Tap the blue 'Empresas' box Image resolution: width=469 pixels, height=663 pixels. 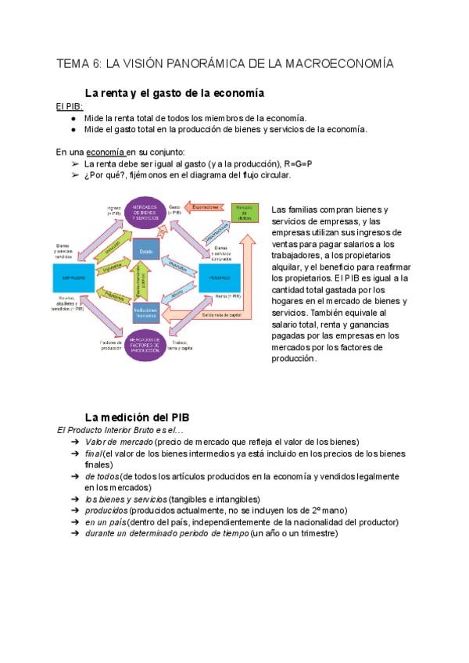(74, 278)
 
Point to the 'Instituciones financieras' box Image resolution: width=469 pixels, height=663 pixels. (147, 312)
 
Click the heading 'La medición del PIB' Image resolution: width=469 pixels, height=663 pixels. (137, 417)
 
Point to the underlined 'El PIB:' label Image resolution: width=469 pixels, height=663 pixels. (69, 106)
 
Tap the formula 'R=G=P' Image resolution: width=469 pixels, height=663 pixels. (297, 163)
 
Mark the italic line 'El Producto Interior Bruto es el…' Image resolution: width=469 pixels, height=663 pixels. (120, 430)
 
